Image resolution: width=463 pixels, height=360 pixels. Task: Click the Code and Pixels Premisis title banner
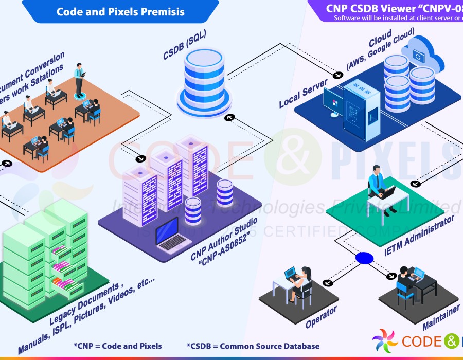point(120,11)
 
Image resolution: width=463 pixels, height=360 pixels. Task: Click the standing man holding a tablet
point(79,80)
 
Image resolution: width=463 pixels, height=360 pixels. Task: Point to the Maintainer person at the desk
point(404,283)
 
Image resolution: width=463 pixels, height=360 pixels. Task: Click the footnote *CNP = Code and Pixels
point(118,346)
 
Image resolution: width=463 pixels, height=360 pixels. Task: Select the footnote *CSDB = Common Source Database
point(253,346)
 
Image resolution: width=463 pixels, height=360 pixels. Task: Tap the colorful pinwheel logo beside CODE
point(385,341)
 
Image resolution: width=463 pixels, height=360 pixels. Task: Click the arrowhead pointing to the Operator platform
point(325,282)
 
